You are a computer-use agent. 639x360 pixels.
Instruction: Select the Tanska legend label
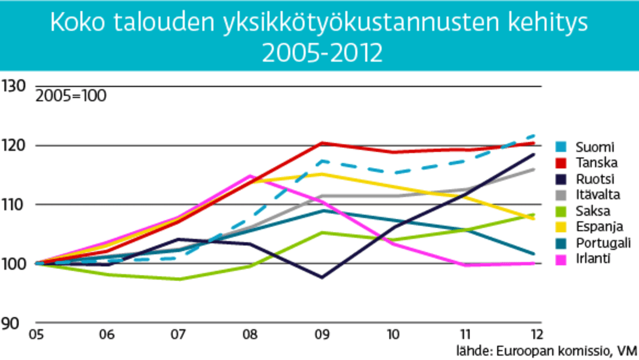tap(591, 163)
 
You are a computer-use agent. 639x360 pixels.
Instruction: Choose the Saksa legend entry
tap(588, 211)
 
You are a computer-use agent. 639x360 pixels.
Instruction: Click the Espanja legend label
tap(594, 227)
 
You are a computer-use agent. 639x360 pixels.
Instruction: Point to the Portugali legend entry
tap(597, 243)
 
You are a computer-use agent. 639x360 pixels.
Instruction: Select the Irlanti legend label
tap(589, 259)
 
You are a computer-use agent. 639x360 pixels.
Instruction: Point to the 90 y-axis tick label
tap(11, 324)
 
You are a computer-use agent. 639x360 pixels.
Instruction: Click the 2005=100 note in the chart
tap(71, 97)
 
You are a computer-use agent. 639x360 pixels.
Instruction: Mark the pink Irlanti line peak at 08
tap(249, 175)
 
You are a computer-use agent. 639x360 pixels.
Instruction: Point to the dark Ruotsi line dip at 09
tap(321, 277)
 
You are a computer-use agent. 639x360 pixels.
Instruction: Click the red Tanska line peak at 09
tap(321, 143)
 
